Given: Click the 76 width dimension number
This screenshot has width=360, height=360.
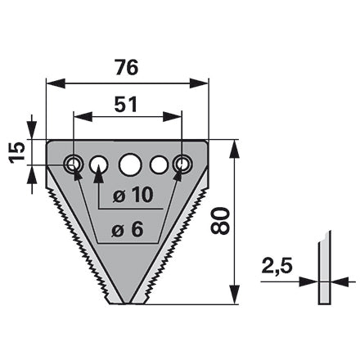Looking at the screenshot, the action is (126, 67).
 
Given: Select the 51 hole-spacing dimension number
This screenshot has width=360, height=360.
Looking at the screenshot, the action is (126, 105).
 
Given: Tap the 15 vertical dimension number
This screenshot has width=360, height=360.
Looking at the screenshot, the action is (17, 152).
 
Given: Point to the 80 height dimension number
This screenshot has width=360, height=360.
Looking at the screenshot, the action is (219, 221).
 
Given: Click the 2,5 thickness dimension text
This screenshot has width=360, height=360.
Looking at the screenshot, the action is (277, 266).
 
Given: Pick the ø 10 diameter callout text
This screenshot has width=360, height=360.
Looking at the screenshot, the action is (133, 196).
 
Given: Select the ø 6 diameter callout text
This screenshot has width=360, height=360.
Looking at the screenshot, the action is (127, 230).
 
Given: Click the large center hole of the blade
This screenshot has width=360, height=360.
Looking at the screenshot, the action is (130, 164).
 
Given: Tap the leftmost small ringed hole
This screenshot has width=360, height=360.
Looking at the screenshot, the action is (73, 164).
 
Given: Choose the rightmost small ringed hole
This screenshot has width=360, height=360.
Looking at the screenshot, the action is (182, 164).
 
